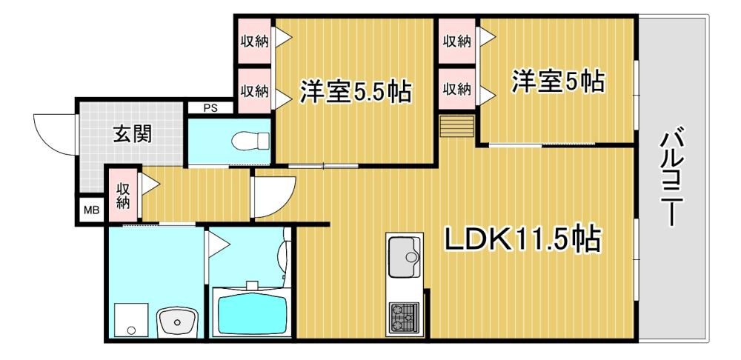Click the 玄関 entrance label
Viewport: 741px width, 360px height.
point(132,135)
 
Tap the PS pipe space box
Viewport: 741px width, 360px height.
point(210,107)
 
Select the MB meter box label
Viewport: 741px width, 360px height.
point(92,210)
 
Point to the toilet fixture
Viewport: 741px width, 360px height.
point(250,140)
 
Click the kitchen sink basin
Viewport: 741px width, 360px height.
point(405,257)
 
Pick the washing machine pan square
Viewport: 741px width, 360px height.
point(132,321)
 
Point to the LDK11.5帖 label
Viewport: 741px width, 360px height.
point(522,239)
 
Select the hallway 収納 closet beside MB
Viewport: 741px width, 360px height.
point(123,196)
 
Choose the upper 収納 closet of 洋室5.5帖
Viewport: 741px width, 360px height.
point(254,41)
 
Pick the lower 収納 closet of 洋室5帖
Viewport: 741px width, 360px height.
point(456,89)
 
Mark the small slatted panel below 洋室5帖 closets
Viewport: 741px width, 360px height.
point(456,126)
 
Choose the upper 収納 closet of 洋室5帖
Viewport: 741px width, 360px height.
point(456,41)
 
